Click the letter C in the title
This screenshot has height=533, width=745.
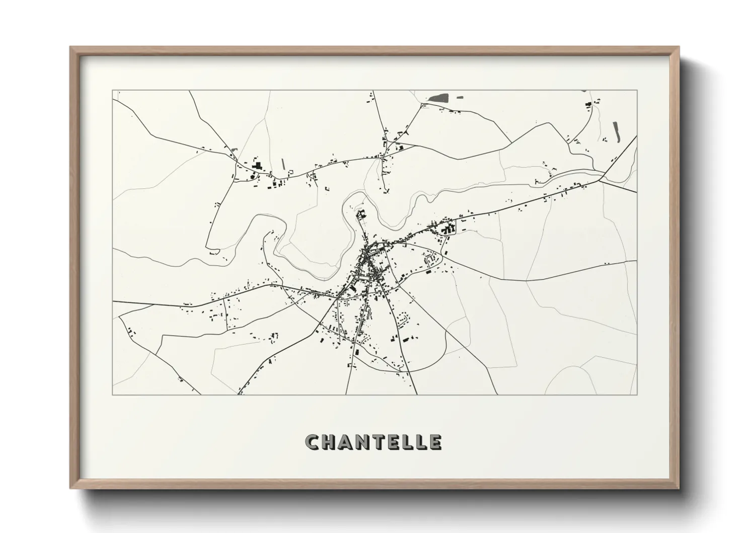pyautogui.click(x=313, y=442)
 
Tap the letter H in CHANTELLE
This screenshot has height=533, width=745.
pyautogui.click(x=329, y=442)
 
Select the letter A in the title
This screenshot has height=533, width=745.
pyautogui.click(x=346, y=442)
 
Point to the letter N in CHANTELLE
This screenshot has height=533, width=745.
pyautogui.click(x=363, y=442)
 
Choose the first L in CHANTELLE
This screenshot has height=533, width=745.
pyautogui.click(x=406, y=442)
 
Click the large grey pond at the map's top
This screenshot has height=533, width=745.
pyautogui.click(x=439, y=98)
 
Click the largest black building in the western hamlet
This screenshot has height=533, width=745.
pyautogui.click(x=258, y=166)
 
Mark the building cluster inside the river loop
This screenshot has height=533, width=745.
pyautogui.click(x=361, y=215)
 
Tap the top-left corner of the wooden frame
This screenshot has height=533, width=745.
pyautogui.click(x=71, y=47)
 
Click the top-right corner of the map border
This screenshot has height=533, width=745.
pyautogui.click(x=637, y=90)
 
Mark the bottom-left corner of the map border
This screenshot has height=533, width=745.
pyautogui.click(x=112, y=394)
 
